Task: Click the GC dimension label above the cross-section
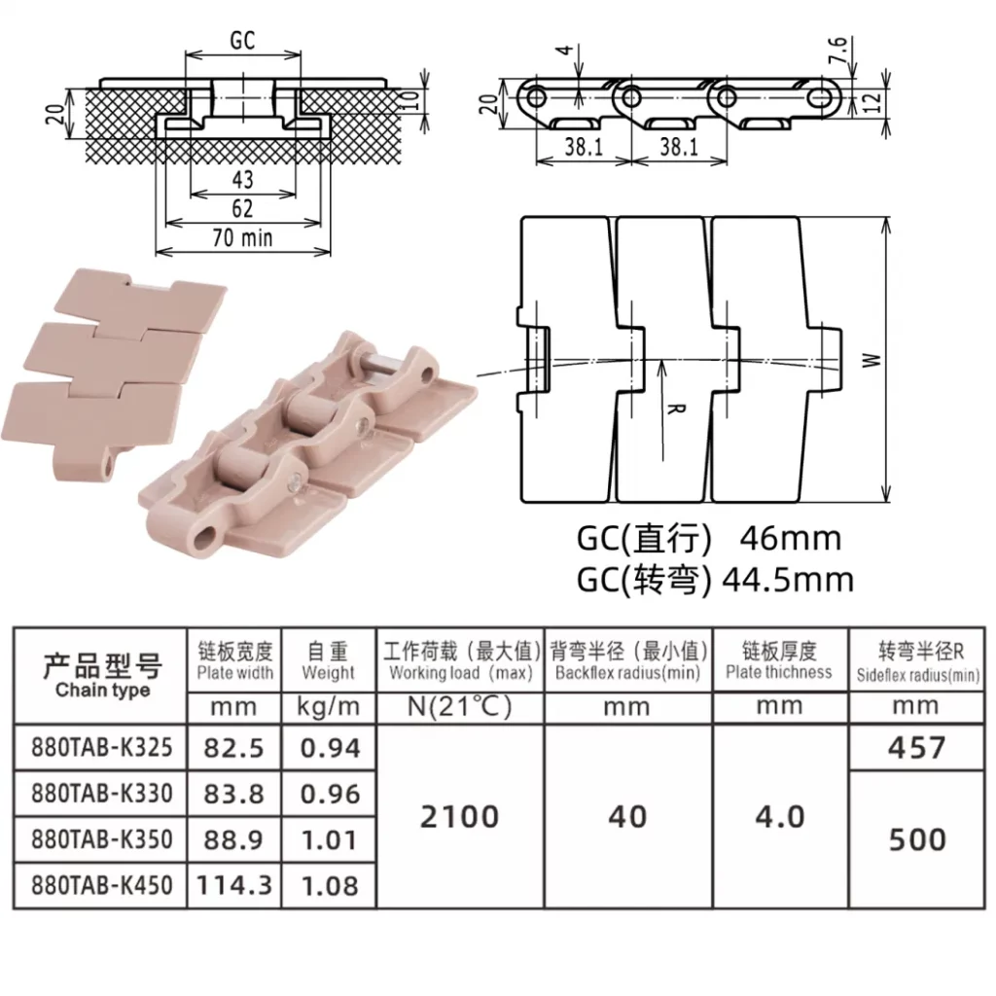coord(242,41)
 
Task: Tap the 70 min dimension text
coord(242,238)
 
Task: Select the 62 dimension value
coord(242,208)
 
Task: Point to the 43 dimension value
coord(242,179)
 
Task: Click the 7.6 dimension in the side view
coord(837,50)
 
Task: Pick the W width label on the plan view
coord(871,360)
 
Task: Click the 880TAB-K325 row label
coord(101,748)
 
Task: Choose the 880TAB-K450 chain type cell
coord(101,885)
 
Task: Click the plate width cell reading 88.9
coord(233,839)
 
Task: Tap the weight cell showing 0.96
coord(330,794)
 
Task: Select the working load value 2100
coord(460,817)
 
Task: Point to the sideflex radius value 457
coord(916,748)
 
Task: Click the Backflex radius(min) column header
coord(627,673)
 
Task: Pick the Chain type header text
coord(102,690)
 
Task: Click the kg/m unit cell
coord(329,706)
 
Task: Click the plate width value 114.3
coord(233,885)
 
